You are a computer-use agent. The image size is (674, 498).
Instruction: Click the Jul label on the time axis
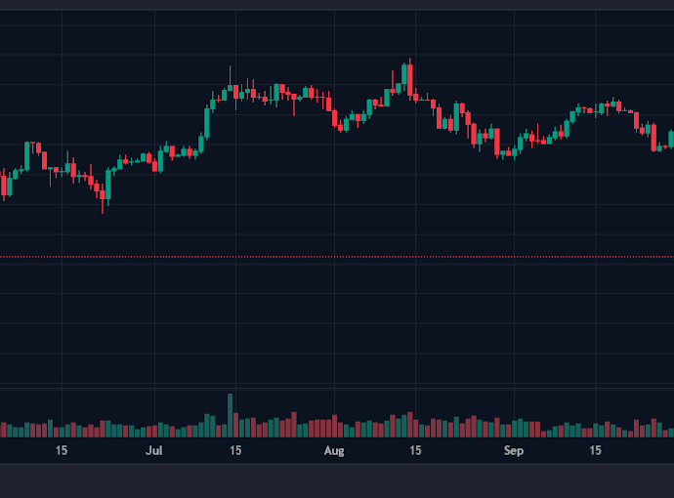pyautogui.click(x=153, y=451)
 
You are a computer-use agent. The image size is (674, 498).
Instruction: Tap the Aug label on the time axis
pyautogui.click(x=335, y=451)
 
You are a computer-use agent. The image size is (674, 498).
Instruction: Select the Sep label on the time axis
pyautogui.click(x=514, y=451)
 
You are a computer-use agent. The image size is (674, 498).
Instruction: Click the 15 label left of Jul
pyautogui.click(x=62, y=451)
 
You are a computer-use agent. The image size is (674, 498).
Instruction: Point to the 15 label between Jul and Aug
pyautogui.click(x=235, y=451)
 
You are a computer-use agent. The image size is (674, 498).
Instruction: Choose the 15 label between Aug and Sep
pyautogui.click(x=415, y=451)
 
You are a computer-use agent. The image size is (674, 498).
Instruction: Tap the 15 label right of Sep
pyautogui.click(x=595, y=451)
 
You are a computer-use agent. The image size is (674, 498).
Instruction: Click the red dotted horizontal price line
pyautogui.click(x=337, y=257)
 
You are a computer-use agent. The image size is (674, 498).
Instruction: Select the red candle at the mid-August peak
pyautogui.click(x=410, y=79)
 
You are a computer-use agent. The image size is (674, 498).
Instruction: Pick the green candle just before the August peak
pyautogui.click(x=404, y=75)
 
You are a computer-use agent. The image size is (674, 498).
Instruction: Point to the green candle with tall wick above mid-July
pyautogui.click(x=231, y=89)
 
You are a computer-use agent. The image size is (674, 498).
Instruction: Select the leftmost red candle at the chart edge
pyautogui.click(x=3, y=184)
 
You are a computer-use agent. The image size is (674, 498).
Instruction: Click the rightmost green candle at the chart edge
pyautogui.click(x=671, y=138)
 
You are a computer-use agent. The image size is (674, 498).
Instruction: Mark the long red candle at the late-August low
pyautogui.click(x=497, y=141)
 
